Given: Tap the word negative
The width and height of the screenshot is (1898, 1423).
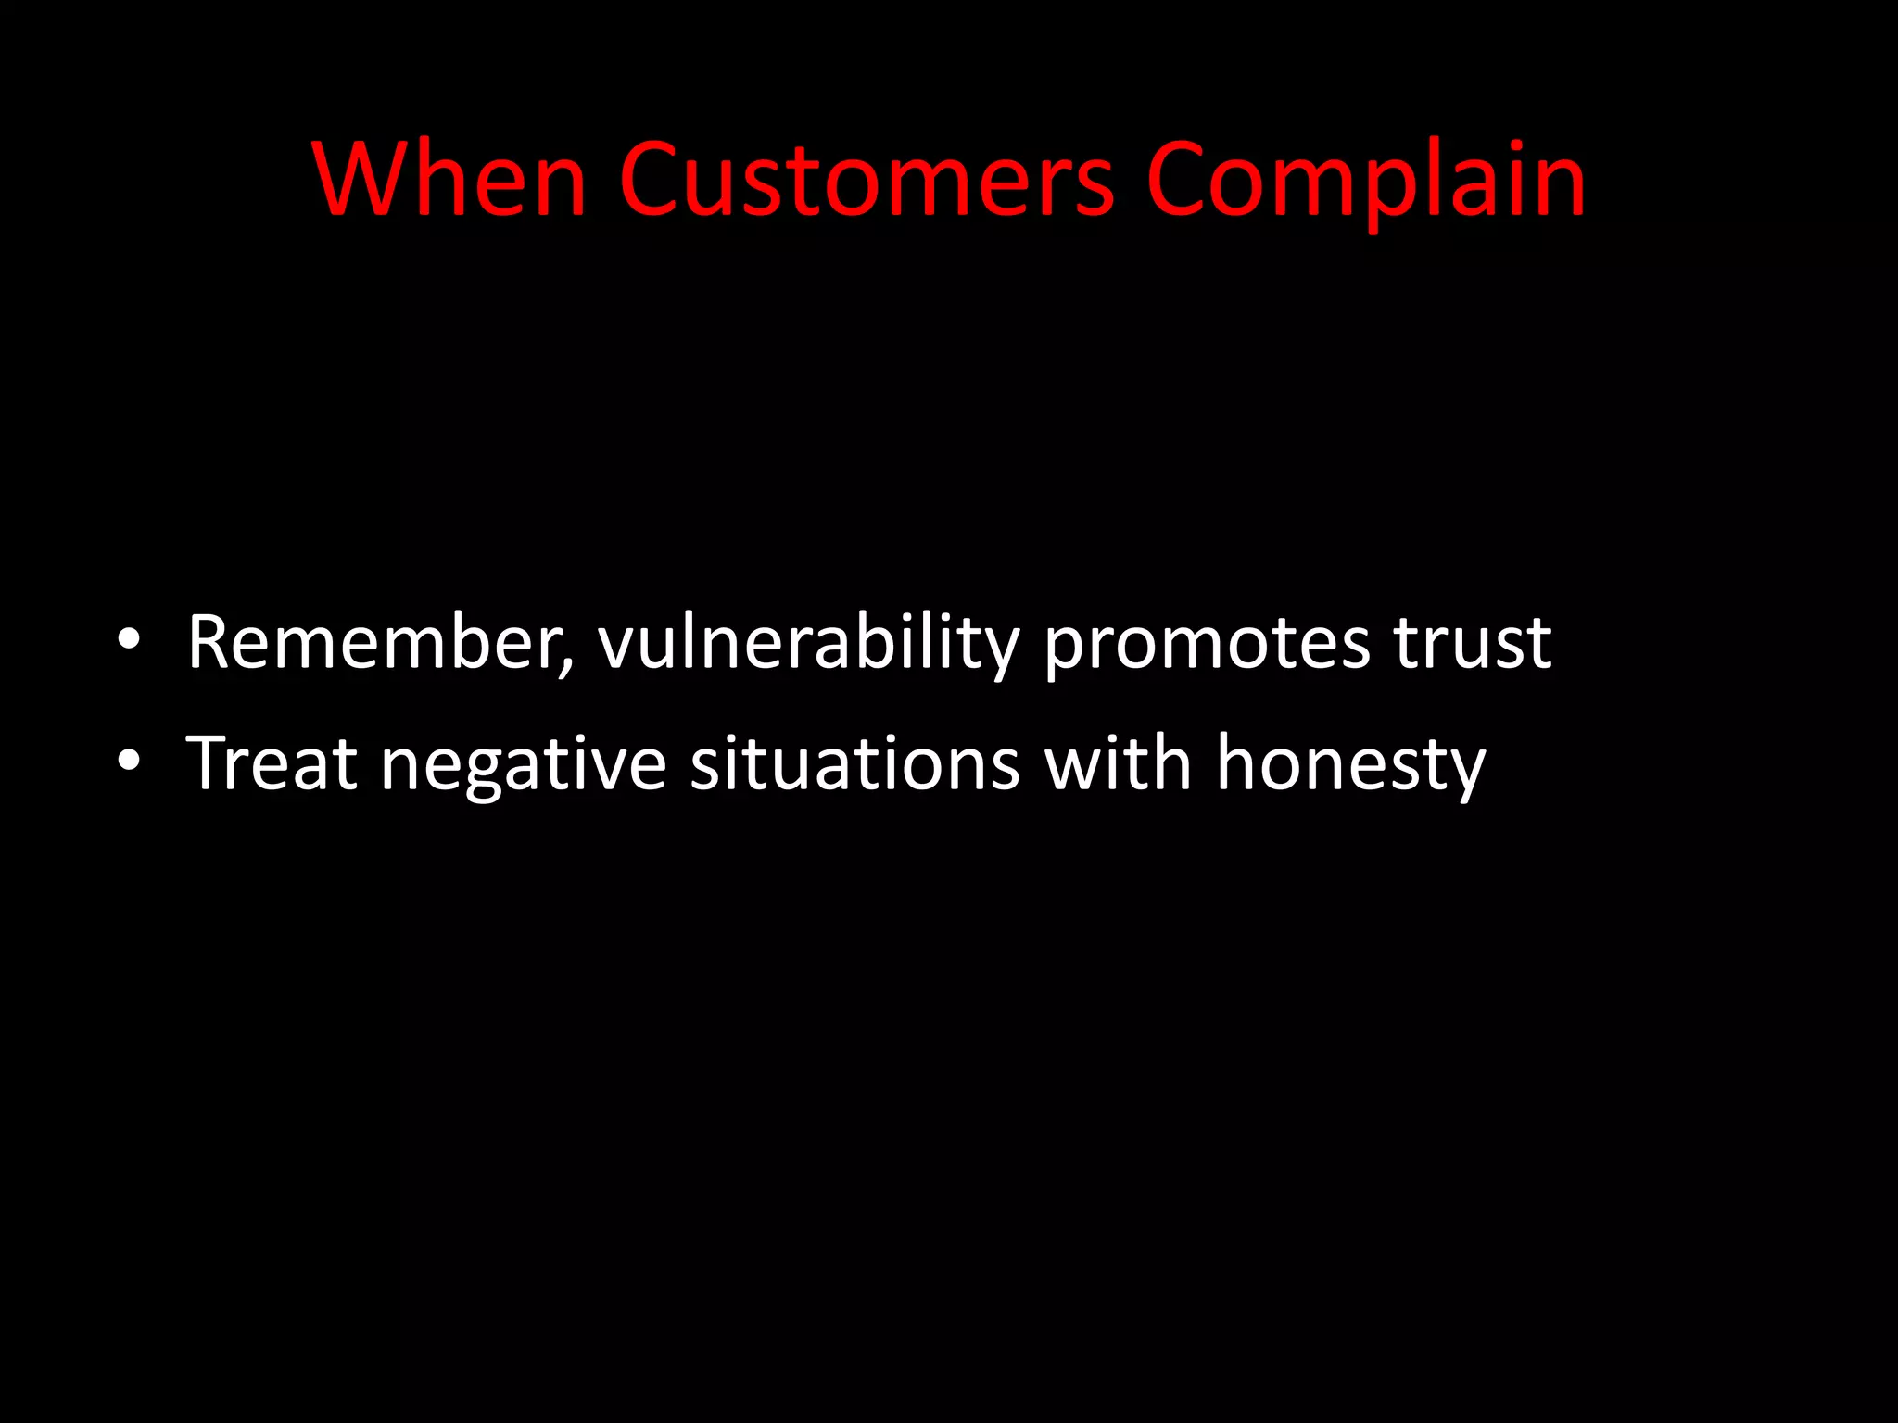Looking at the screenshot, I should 524,765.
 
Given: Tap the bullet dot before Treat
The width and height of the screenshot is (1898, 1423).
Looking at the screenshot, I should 129,761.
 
